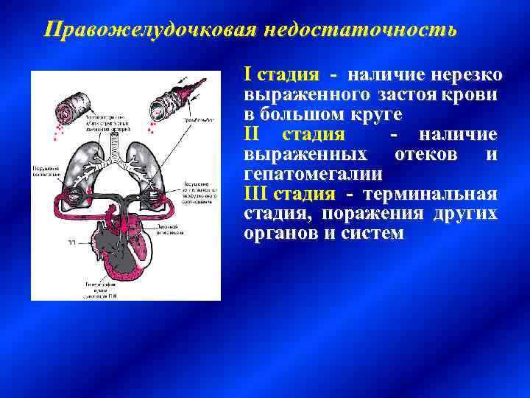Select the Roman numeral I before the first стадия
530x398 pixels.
point(248,75)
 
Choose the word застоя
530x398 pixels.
point(408,95)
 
